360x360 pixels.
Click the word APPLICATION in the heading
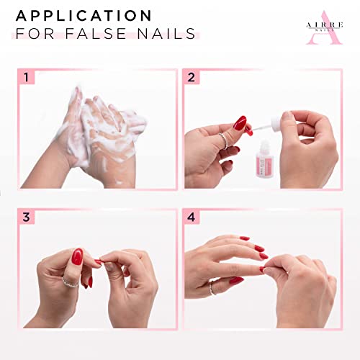[x=84, y=16]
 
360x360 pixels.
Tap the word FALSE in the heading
[x=96, y=33]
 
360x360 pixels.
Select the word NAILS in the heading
[x=166, y=33]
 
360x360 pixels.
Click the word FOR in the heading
[x=35, y=33]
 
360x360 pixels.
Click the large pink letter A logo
[x=324, y=27]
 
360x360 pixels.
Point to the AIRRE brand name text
[x=325, y=24]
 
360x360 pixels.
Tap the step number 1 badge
[x=26, y=77]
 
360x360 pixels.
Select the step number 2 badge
[x=191, y=77]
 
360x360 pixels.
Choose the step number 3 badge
[x=26, y=217]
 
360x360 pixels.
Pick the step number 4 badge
[x=191, y=217]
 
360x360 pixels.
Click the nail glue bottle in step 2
[x=264, y=159]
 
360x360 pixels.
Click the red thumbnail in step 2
[x=240, y=123]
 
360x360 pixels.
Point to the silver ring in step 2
[x=225, y=141]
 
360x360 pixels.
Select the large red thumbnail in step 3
[x=77, y=256]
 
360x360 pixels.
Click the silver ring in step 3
[x=71, y=282]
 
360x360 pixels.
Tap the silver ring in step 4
[x=212, y=288]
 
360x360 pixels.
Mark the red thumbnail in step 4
[x=236, y=280]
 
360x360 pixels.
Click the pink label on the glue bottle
[x=264, y=163]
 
